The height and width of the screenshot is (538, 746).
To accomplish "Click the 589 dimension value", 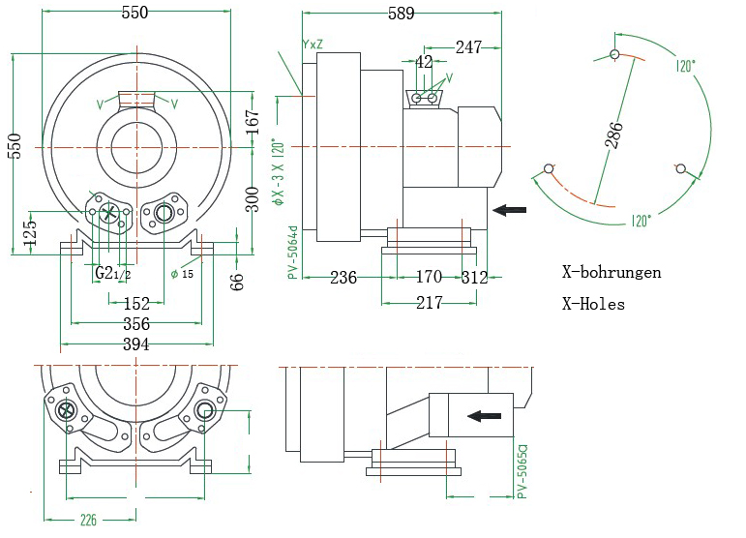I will [401, 13].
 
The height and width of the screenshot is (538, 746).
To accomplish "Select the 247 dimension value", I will [468, 46].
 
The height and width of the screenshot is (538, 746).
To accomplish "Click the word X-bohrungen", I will [612, 272].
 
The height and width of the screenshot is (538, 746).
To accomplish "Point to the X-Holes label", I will [593, 304].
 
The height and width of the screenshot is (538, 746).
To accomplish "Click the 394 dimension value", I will [135, 344].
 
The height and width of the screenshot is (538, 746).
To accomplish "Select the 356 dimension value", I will [135, 324].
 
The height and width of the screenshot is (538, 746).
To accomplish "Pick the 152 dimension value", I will [135, 304].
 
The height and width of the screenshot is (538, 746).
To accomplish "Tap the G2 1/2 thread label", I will [112, 274].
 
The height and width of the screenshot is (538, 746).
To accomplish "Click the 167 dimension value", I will [253, 121].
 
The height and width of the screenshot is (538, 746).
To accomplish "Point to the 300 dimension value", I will [253, 198].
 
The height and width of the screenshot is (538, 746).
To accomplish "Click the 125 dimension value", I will [30, 232].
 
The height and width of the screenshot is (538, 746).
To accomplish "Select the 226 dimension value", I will [89, 520].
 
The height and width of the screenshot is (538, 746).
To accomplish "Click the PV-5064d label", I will [291, 251].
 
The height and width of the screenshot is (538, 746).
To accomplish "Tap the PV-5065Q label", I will [522, 471].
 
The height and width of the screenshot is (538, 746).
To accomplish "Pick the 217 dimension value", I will [429, 303].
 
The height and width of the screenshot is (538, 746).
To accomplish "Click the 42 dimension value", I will [424, 62].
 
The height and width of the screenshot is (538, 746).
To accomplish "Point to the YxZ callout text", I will [313, 45].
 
